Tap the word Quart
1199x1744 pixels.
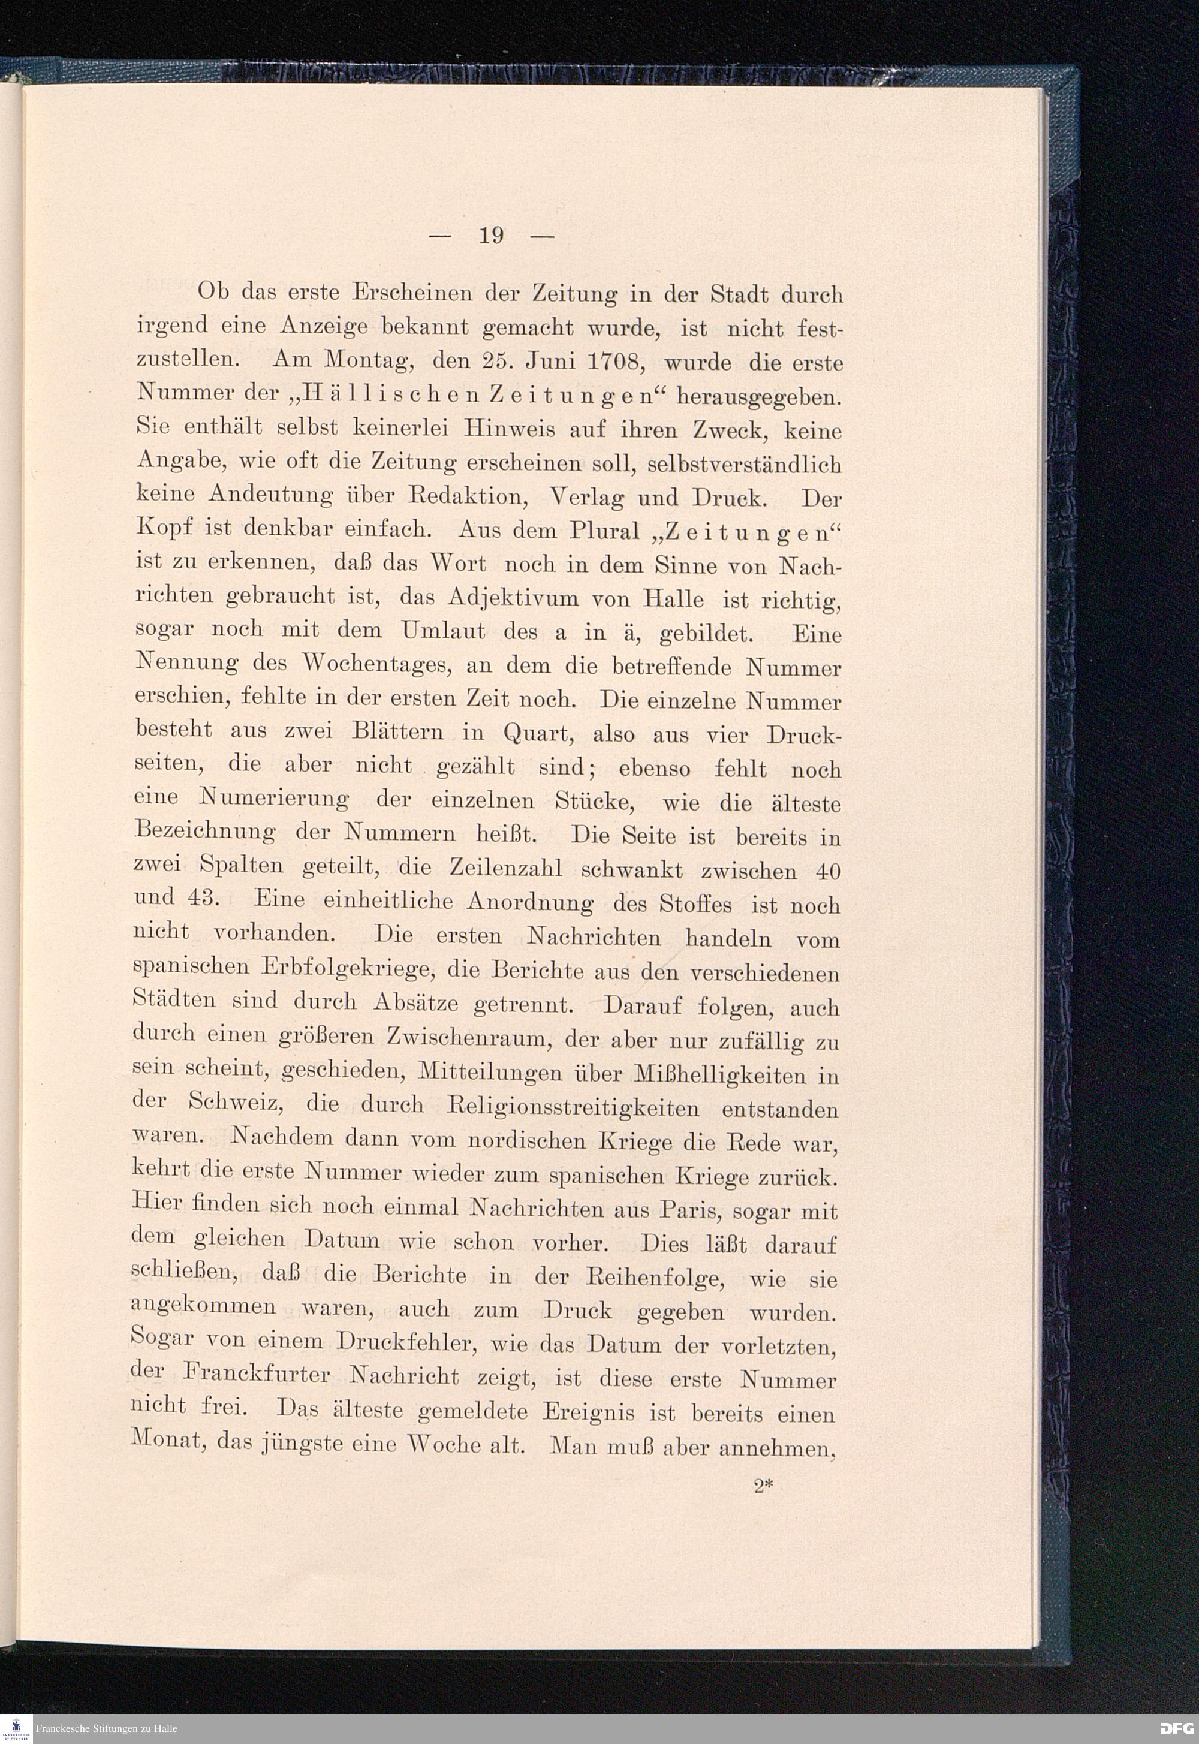538,733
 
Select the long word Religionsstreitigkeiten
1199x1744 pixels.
573,1108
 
